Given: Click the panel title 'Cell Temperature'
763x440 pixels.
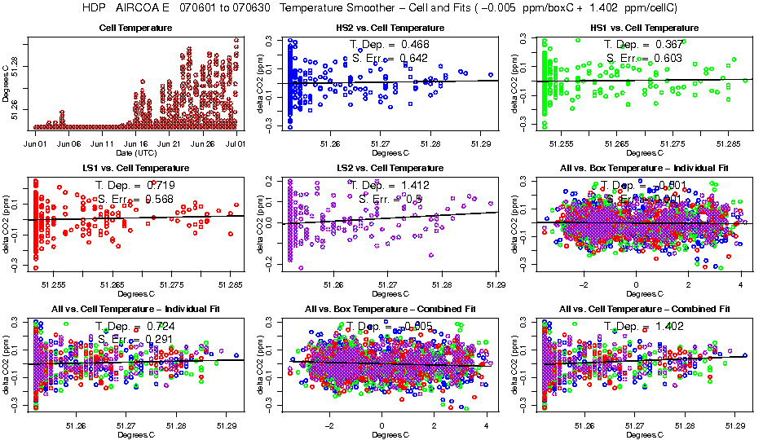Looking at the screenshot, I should click(x=135, y=28).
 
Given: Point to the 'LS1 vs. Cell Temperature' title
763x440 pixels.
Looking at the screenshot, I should click(x=135, y=168).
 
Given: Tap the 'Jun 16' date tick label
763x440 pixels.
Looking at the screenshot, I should click(x=136, y=143).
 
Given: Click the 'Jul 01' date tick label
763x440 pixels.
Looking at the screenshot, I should click(x=236, y=143).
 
